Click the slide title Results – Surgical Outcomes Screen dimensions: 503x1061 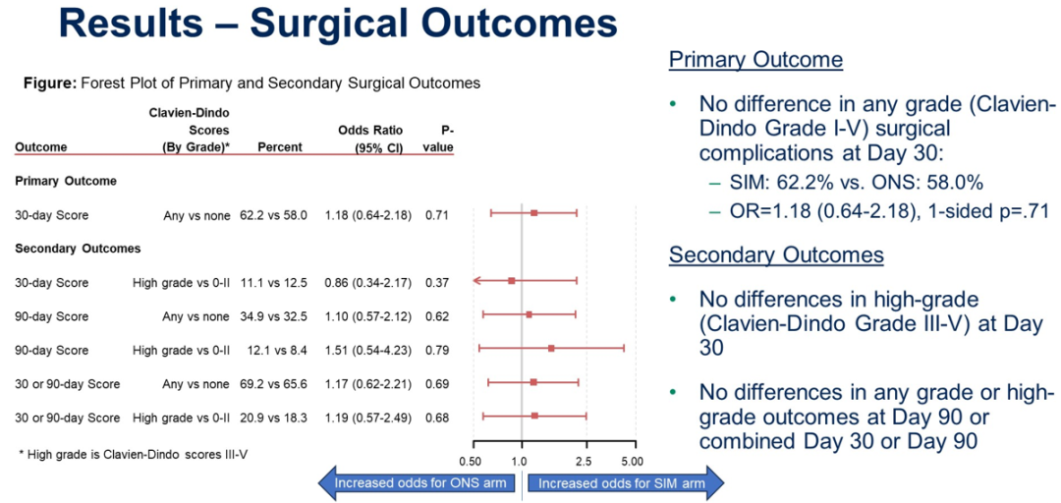pyautogui.click(x=338, y=26)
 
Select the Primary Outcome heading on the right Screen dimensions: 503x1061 pyautogui.click(x=755, y=60)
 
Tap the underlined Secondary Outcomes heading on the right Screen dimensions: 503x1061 pyautogui.click(x=776, y=255)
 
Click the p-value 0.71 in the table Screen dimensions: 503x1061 pyautogui.click(x=437, y=214)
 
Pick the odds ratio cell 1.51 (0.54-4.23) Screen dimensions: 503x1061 pyautogui.click(x=367, y=350)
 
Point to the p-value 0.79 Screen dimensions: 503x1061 pyautogui.click(x=437, y=350)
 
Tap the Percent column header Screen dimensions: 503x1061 pyautogui.click(x=279, y=148)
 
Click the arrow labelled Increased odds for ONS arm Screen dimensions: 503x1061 pyautogui.click(x=418, y=482)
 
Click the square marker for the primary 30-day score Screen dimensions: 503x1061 pyautogui.click(x=533, y=212)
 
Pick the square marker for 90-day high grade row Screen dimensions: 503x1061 pyautogui.click(x=551, y=348)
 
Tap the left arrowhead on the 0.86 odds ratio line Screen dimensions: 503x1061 pyautogui.click(x=475, y=280)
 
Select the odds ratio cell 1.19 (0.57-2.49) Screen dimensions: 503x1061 pyautogui.click(x=367, y=418)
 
